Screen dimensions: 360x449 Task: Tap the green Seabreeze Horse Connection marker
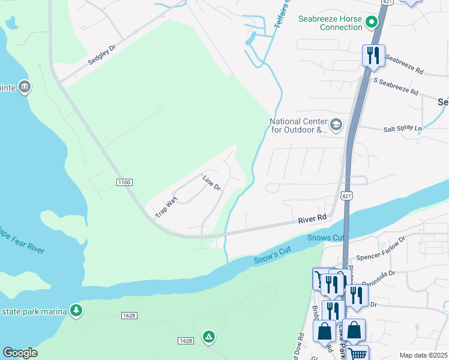[x=372, y=23]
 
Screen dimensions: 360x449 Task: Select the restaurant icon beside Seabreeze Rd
[x=373, y=56]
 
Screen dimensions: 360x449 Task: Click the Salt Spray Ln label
[x=403, y=128]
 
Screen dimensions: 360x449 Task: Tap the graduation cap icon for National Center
[x=336, y=125]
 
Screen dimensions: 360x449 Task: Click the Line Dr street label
[x=212, y=183]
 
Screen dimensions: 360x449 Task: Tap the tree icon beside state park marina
[x=76, y=310]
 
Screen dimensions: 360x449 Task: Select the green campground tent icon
[x=208, y=337]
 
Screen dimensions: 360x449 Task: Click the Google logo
[x=20, y=353]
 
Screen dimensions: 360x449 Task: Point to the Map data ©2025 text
[x=423, y=355]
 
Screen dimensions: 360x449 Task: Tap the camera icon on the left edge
[x=24, y=87]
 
